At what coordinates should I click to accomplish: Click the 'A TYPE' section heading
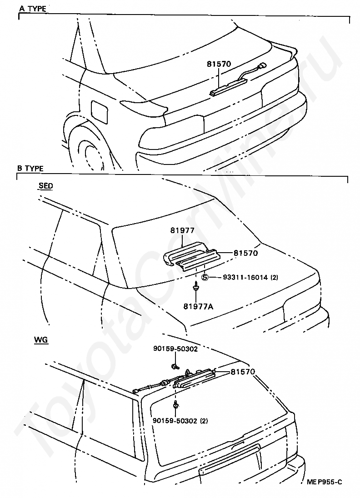33,8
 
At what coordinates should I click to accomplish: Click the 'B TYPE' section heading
30,168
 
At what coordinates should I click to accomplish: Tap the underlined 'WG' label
41,340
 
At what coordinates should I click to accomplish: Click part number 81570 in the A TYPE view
219,64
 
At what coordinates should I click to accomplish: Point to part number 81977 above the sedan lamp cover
182,230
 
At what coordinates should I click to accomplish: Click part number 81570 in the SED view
245,253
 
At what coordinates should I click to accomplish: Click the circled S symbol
205,277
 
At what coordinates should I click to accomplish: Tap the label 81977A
198,307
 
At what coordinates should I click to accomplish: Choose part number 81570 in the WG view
243,372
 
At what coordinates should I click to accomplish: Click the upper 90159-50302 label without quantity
175,349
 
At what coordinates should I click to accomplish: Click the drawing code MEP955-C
325,491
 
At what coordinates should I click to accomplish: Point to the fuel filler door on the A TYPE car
100,111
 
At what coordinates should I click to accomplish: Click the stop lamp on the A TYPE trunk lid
228,87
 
